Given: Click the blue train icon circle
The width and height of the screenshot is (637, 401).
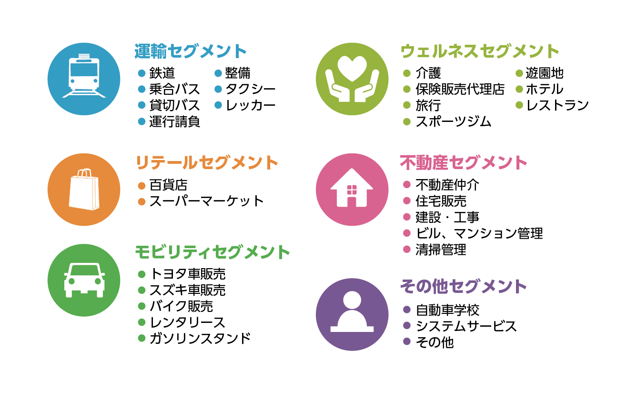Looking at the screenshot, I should point(84,79).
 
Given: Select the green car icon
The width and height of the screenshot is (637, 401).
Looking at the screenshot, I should point(84,280).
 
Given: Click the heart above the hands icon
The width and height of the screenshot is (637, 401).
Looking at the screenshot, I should point(352,68).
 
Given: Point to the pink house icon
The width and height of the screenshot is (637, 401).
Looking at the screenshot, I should point(352,189).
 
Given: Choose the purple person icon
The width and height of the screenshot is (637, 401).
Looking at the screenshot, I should point(352,314).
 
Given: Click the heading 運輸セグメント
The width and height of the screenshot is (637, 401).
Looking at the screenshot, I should point(191,51).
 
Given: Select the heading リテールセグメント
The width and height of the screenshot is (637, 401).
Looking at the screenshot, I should point(207,163).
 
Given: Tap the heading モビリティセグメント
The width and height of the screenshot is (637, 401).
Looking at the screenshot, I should point(212,251).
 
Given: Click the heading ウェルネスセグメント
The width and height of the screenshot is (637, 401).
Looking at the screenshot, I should point(479,51).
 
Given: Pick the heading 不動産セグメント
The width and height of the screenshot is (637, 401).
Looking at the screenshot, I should point(463,163).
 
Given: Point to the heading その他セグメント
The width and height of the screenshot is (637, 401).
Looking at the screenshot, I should point(463,287).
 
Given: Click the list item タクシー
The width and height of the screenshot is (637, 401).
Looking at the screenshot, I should point(250,90).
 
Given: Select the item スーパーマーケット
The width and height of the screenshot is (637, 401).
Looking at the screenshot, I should point(206,201).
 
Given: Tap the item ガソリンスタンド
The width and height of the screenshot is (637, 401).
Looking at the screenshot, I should point(200,339).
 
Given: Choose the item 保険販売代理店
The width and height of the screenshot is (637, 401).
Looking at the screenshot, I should point(460,90).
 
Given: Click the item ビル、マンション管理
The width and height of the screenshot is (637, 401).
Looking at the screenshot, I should point(479,233).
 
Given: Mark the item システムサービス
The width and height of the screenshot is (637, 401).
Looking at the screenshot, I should point(466,326).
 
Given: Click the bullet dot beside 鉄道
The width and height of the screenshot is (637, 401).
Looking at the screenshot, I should point(141,73).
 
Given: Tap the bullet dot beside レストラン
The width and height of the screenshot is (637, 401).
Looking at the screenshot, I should point(519,105).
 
